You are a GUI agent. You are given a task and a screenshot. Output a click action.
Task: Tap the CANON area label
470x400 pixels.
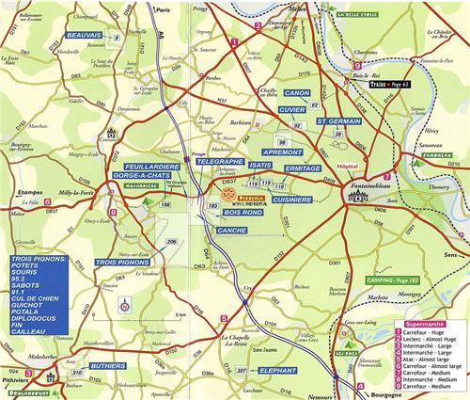[297, 94]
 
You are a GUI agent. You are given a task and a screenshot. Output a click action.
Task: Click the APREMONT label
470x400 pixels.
[282, 152]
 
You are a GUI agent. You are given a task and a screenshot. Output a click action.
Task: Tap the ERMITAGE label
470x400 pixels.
[303, 168]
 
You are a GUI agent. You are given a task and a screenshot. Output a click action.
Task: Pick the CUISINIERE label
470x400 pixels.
[292, 200]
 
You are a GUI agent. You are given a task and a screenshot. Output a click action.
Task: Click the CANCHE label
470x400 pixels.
[231, 230]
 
